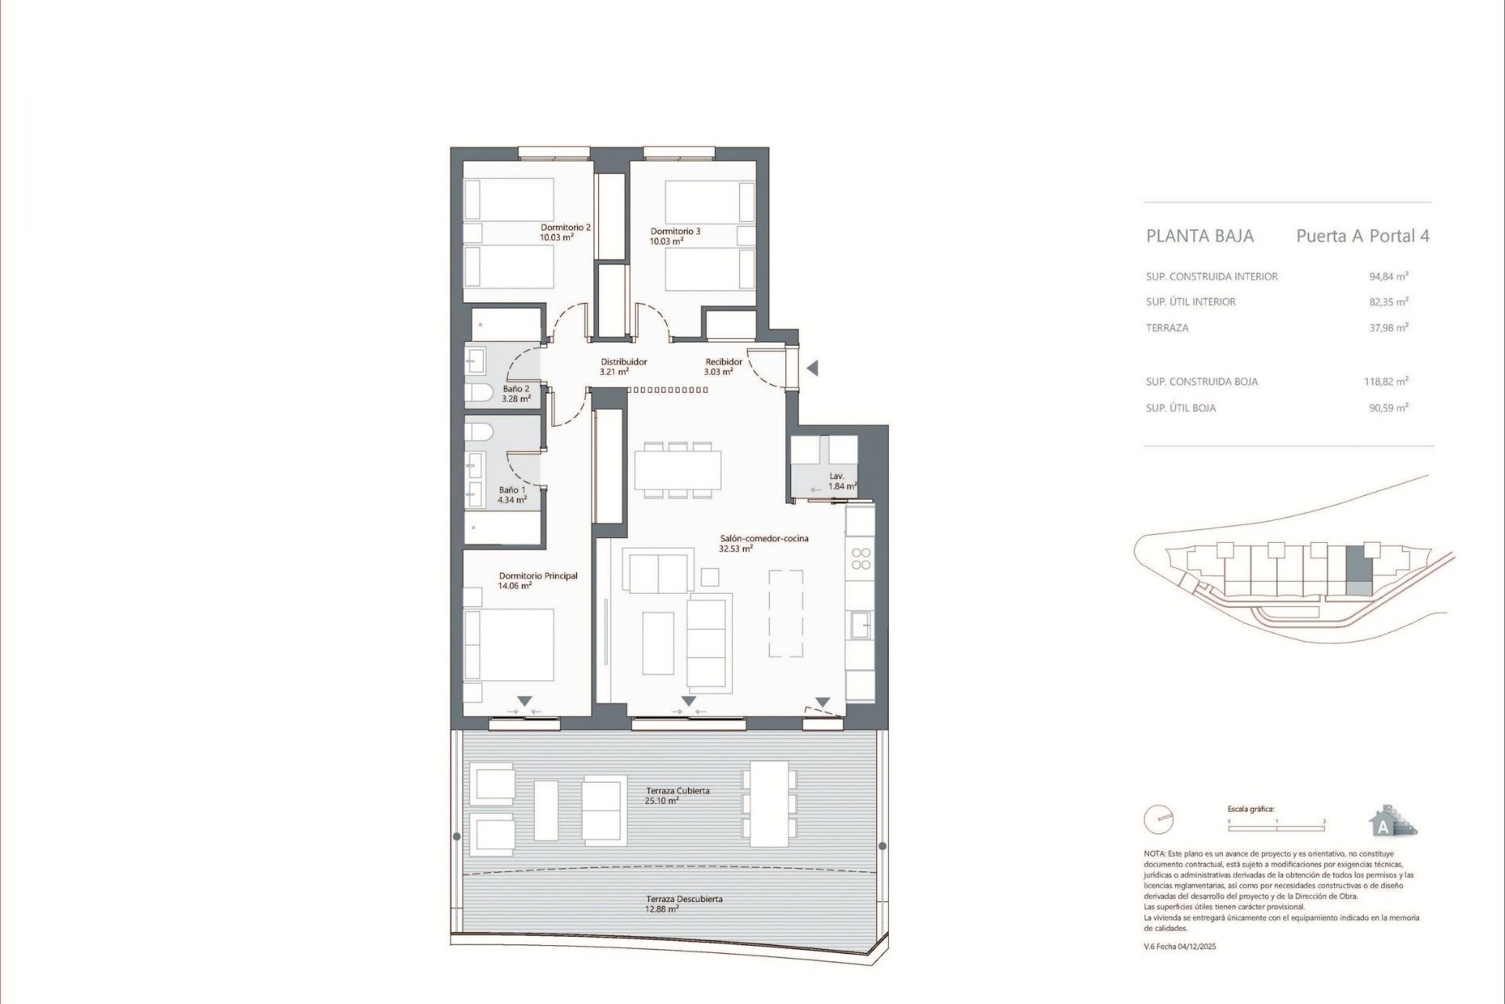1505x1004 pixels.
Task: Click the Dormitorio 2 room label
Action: pyautogui.click(x=565, y=227)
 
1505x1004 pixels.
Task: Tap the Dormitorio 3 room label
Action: pyautogui.click(x=675, y=231)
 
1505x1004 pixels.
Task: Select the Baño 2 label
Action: pyautogui.click(x=516, y=389)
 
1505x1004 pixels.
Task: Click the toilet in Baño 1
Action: pyautogui.click(x=479, y=431)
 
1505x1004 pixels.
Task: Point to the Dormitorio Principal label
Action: pyautogui.click(x=538, y=576)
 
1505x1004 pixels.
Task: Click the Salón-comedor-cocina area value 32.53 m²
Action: pyautogui.click(x=735, y=549)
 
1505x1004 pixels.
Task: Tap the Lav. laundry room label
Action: pyautogui.click(x=836, y=476)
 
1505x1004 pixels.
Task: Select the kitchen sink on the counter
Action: pyautogui.click(x=861, y=625)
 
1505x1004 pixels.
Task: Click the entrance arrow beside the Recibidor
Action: pyautogui.click(x=812, y=368)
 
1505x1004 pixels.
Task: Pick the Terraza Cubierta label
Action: pyautogui.click(x=677, y=791)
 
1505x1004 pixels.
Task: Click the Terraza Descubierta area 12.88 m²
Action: pyautogui.click(x=662, y=909)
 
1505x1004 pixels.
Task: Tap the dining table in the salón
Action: pyautogui.click(x=677, y=470)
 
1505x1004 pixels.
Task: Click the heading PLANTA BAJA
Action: pyautogui.click(x=1199, y=236)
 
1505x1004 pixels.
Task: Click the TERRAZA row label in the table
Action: pyautogui.click(x=1166, y=328)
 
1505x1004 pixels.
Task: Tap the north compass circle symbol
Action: pyautogui.click(x=1159, y=820)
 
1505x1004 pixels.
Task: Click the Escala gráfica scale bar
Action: pyautogui.click(x=1276, y=827)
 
